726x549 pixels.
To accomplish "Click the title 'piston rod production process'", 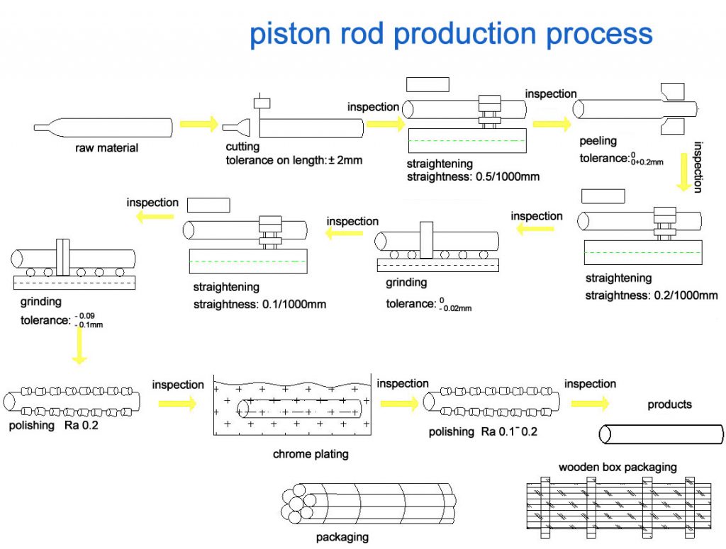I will (451, 33).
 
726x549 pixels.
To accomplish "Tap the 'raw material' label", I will (106, 148).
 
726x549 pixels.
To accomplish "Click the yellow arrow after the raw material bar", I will (199, 125).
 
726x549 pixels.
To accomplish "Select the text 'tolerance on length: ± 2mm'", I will (294, 160).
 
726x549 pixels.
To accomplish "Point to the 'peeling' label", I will (598, 141).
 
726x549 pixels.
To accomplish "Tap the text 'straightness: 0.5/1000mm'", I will (473, 176).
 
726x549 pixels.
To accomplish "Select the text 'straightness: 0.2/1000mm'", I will (652, 295).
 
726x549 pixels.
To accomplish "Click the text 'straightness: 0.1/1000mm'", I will (259, 305).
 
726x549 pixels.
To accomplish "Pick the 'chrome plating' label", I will (311, 454).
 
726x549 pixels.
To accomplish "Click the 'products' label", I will (669, 404).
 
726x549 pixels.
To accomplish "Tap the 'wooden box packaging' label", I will (618, 467).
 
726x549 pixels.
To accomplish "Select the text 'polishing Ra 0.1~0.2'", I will (483, 431).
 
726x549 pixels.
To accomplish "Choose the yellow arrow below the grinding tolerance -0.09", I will (79, 346).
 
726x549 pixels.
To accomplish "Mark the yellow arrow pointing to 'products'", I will (589, 403).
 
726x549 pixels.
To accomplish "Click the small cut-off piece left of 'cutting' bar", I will (237, 128).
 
